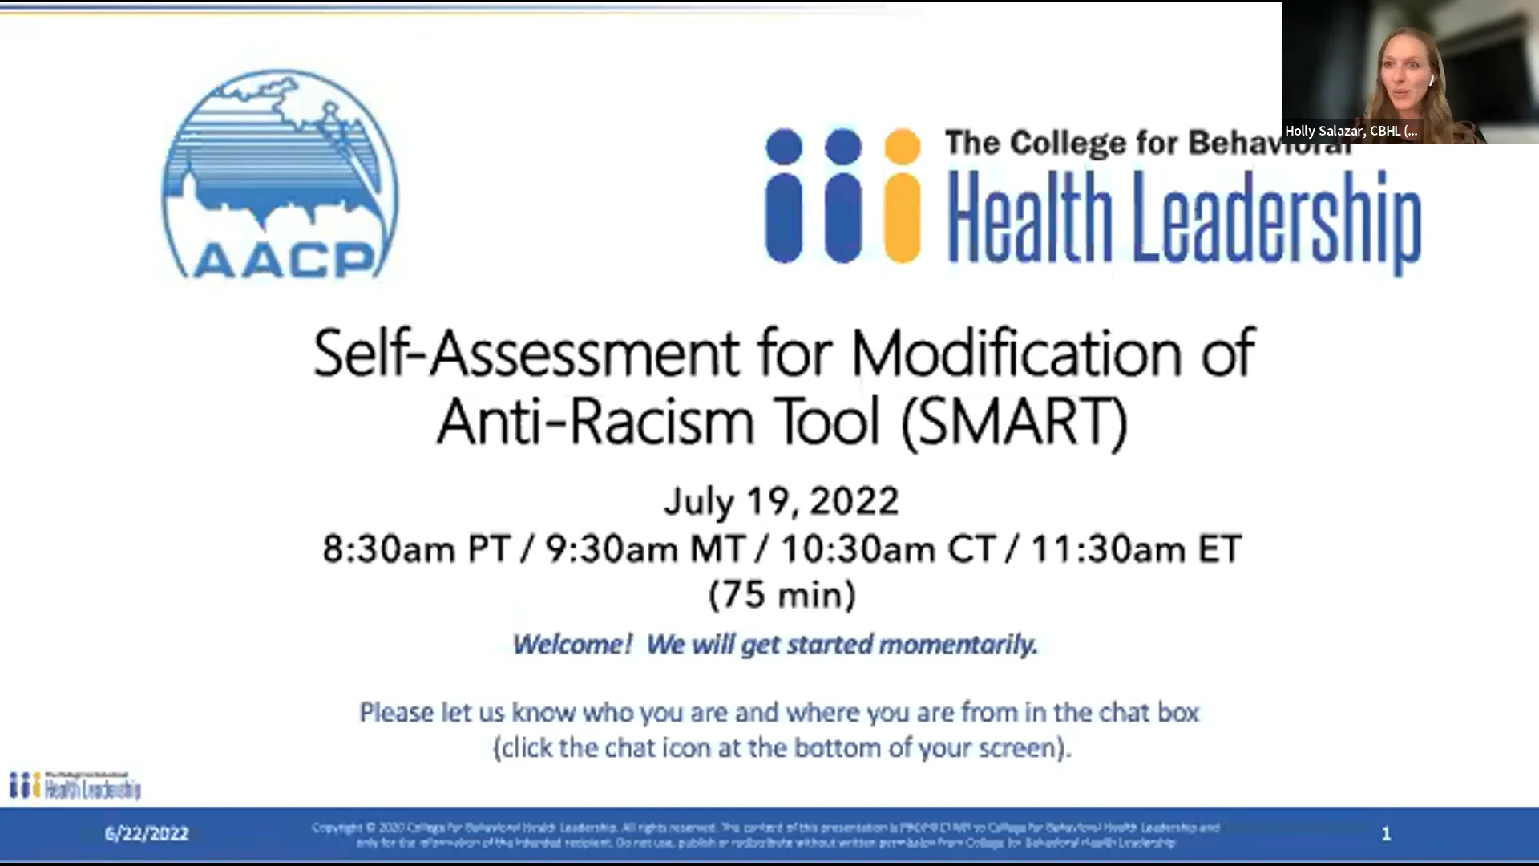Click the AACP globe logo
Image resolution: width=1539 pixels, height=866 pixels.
tap(280, 175)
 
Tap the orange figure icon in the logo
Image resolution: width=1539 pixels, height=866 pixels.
tap(902, 196)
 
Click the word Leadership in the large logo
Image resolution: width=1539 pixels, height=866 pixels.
tap(1276, 220)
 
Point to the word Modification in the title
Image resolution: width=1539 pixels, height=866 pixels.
tap(1016, 354)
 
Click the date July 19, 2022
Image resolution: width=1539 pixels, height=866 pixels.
tap(782, 502)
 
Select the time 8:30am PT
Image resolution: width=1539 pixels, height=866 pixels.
tap(416, 550)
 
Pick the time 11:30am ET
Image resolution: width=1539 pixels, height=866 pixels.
tap(1136, 550)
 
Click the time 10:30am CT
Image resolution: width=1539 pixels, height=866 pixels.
tap(888, 550)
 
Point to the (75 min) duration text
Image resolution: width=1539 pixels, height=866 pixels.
tap(782, 595)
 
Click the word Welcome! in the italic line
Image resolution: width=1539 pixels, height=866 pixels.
tap(572, 645)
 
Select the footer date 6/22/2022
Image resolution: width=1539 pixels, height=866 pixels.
tap(147, 834)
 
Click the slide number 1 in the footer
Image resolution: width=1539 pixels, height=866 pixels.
tap(1386, 834)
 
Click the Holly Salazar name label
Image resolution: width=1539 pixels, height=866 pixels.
tap(1351, 132)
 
